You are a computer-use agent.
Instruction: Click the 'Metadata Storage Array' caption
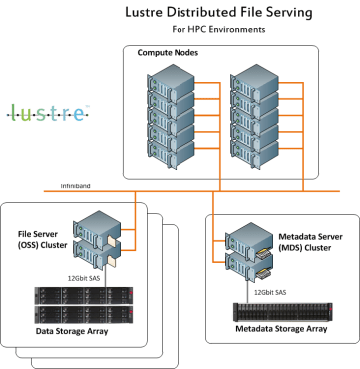coord(282,327)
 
